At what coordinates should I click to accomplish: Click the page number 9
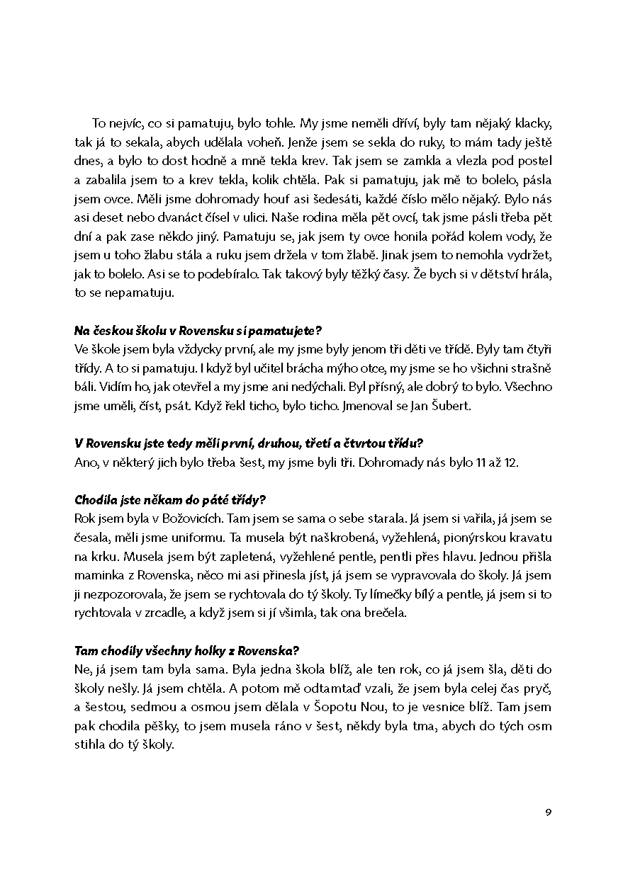548,812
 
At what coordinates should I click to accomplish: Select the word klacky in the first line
532,123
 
